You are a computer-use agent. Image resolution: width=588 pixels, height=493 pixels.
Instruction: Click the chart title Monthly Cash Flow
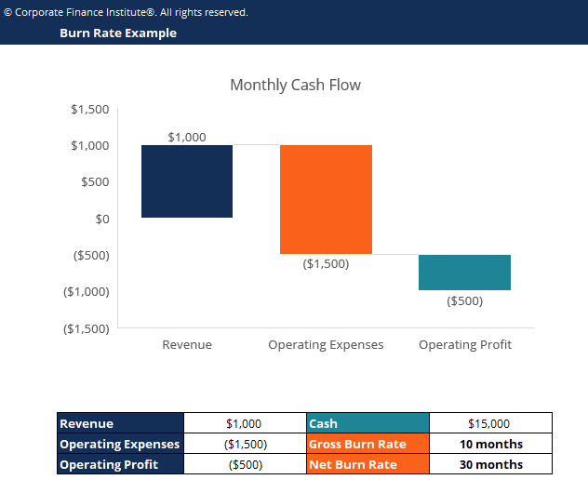(295, 85)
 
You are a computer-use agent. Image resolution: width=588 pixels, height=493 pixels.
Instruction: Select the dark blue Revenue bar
(187, 181)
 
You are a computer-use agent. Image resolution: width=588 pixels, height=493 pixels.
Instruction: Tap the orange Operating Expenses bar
(326, 199)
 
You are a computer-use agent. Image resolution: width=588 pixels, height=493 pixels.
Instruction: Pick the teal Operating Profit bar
(464, 273)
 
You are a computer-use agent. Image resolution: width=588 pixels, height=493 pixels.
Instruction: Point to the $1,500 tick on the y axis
(90, 109)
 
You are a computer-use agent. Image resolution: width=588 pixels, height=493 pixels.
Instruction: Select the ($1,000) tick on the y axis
(87, 291)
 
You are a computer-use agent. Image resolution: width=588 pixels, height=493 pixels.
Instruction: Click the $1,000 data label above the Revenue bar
(187, 137)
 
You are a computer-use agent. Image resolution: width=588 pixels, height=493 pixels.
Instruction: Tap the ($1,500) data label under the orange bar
(326, 263)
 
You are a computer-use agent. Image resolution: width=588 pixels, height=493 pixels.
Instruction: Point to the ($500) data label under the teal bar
(464, 300)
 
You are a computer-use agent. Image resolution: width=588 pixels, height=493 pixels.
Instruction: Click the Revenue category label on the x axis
(187, 344)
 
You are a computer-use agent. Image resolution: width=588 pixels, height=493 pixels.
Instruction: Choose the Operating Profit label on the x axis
(464, 344)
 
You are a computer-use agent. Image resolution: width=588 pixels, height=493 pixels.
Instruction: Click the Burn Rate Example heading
(118, 33)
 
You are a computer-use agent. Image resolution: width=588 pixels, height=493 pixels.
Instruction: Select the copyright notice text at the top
(127, 12)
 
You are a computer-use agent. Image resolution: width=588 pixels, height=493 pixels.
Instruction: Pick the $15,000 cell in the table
(491, 423)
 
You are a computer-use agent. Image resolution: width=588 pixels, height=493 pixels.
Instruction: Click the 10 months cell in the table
(491, 444)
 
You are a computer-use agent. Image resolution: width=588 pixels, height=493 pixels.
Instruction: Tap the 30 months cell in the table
(491, 464)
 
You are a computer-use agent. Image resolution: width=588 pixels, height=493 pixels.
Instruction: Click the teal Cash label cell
(367, 423)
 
